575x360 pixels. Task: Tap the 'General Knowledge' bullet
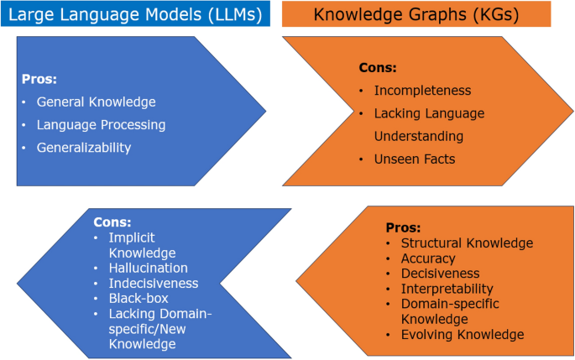tap(96, 102)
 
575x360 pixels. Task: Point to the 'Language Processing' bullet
tap(101, 124)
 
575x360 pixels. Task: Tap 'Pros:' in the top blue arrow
tap(39, 80)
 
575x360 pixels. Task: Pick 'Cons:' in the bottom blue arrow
tap(113, 222)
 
